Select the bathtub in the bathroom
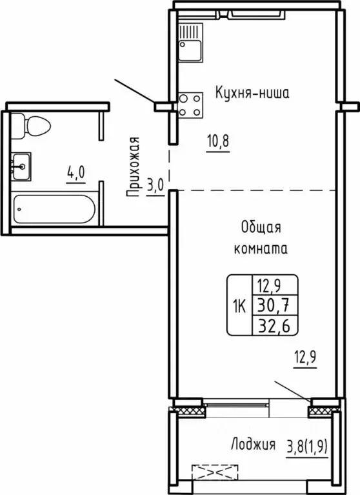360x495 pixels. [x=54, y=208]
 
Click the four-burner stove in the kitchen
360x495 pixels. [x=190, y=105]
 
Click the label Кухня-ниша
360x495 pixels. [x=252, y=93]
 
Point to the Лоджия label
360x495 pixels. [x=252, y=444]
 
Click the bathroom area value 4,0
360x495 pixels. [x=75, y=172]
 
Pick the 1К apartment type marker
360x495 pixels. [x=237, y=305]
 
